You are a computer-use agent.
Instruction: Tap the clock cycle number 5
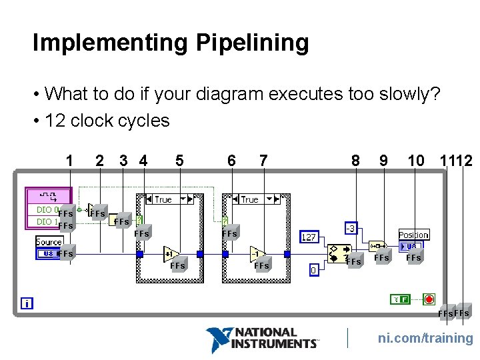coord(179,161)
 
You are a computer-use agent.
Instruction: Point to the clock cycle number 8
coord(355,161)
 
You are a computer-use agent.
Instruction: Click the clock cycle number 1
coord(69,161)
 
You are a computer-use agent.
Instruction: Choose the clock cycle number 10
coord(415,161)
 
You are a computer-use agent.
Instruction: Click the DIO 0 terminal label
coord(45,210)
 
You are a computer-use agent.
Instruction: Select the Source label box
coord(49,241)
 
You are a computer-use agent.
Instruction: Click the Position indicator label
coord(413,235)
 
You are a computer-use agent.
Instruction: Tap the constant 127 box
coord(309,237)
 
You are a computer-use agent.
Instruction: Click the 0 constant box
coord(313,270)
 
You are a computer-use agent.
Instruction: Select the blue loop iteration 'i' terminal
coord(27,303)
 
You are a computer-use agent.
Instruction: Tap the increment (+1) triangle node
coord(170,254)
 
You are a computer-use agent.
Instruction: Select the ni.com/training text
coord(425,338)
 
